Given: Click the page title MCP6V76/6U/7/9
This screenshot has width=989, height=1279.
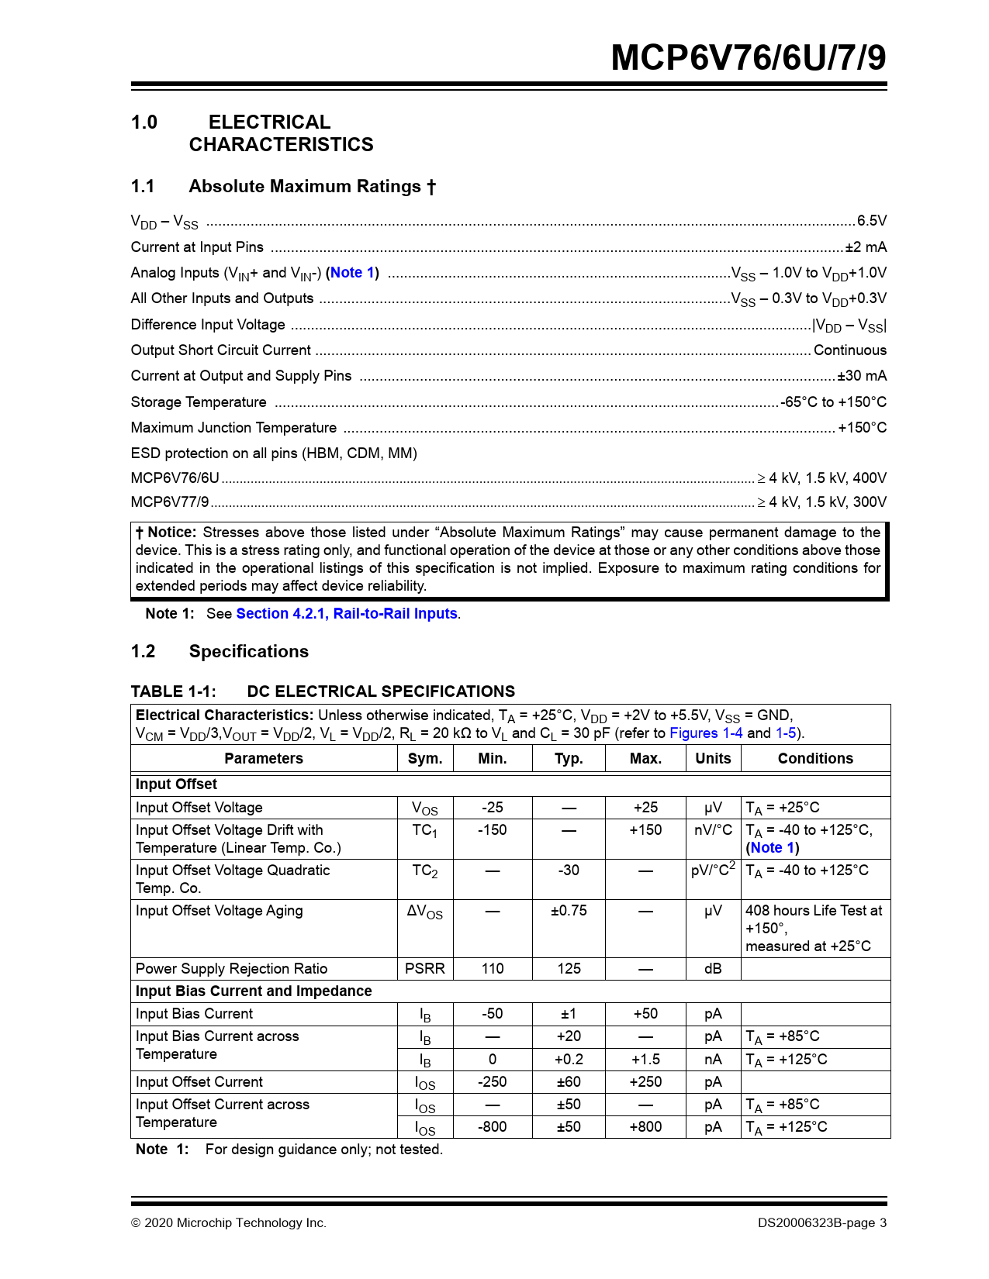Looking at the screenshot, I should click(x=748, y=58).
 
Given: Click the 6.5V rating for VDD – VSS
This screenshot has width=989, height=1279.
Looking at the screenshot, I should click(x=871, y=221).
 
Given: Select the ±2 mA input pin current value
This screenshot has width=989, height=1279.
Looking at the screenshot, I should click(x=866, y=247).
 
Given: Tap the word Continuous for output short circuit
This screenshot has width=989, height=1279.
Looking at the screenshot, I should click(x=849, y=350).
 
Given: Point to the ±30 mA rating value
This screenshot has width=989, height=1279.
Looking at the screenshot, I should click(x=862, y=376).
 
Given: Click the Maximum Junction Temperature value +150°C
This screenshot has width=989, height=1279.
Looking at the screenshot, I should click(x=862, y=428).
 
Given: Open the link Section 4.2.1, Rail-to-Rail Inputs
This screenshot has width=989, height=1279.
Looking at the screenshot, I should click(x=347, y=614).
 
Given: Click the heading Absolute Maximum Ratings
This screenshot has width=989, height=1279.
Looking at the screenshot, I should click(x=305, y=187).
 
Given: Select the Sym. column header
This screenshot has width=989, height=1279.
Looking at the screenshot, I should click(x=425, y=759).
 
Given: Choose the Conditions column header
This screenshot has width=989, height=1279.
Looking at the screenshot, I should click(x=815, y=759).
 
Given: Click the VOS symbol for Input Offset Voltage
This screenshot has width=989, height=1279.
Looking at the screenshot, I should click(x=425, y=808).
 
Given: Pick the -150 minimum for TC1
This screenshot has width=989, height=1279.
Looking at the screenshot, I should click(x=492, y=830).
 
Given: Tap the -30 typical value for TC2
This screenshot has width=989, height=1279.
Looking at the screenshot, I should click(x=569, y=870).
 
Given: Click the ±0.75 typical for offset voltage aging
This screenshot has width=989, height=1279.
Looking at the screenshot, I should click(x=569, y=911).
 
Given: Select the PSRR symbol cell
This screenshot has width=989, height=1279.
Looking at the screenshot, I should click(x=425, y=969).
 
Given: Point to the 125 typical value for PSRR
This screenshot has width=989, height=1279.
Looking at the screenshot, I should click(x=569, y=969).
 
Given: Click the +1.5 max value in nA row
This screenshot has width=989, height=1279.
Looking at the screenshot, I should click(x=645, y=1060).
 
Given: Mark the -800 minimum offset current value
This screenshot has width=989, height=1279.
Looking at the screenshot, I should click(x=492, y=1127).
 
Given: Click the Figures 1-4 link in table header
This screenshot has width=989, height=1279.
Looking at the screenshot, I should click(x=706, y=733).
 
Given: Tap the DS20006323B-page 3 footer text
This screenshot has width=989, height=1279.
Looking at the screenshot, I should click(x=822, y=1223).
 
